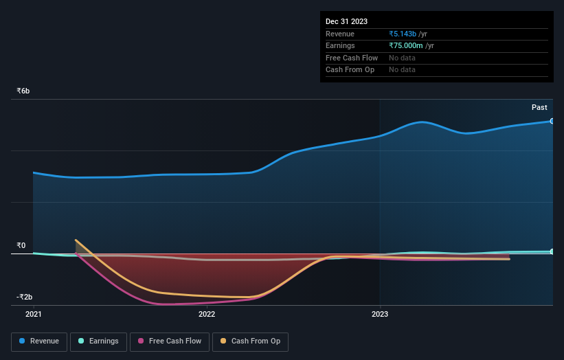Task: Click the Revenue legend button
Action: (39, 341)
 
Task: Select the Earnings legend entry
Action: (98, 341)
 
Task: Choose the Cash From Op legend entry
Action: (251, 341)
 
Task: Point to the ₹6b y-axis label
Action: (23, 91)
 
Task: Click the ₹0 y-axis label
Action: (21, 245)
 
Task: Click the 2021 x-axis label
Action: (34, 314)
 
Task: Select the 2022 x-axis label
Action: (207, 314)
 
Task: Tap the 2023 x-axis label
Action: (380, 314)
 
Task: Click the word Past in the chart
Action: (539, 107)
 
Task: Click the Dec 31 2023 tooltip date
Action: (346, 22)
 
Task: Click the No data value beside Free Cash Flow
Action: (402, 58)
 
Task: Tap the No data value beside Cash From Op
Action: (402, 70)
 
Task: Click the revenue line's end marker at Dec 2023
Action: (552, 121)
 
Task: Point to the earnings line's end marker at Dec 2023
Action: (552, 251)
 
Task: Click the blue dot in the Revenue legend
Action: (23, 341)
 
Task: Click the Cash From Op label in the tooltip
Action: (350, 70)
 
